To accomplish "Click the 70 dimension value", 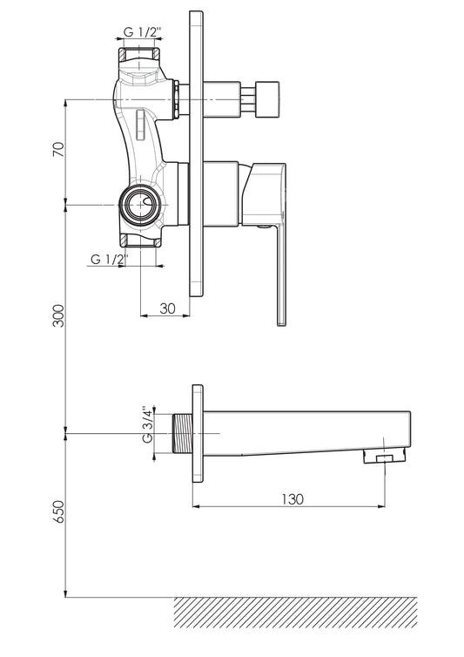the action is (59, 150).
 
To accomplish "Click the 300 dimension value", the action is (59, 315).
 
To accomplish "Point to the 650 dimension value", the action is (59, 511).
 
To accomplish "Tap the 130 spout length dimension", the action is (292, 499).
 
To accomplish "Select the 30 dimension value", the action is (167, 308).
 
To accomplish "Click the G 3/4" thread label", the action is (147, 424).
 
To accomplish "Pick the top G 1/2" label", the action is (143, 32).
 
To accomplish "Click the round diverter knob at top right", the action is (267, 99).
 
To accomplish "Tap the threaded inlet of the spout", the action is (182, 433).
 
